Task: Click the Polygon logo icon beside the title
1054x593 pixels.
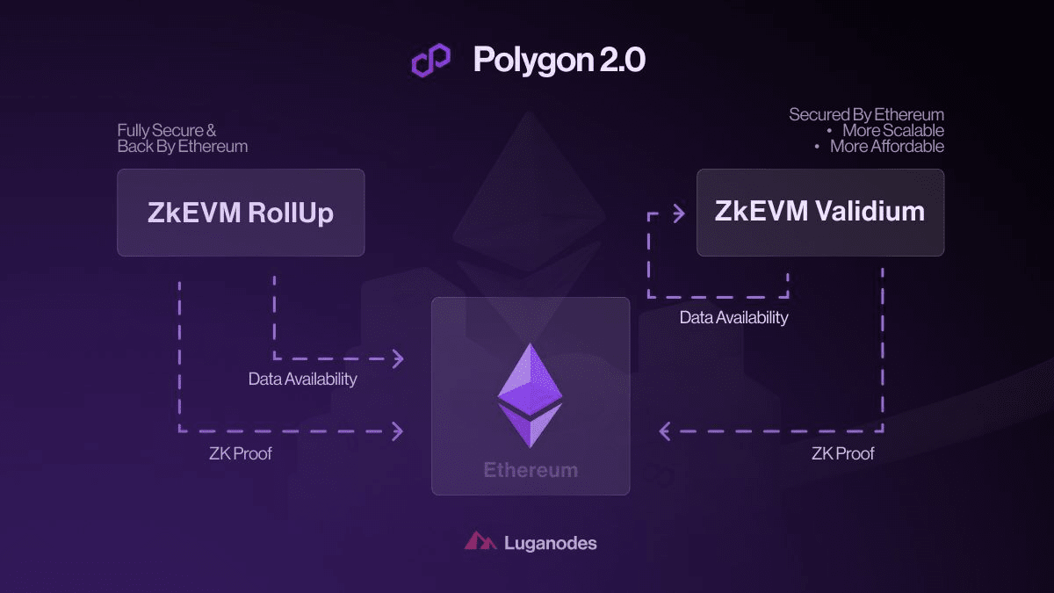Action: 431,60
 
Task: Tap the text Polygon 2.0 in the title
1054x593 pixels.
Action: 559,60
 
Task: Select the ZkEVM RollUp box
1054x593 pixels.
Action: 241,213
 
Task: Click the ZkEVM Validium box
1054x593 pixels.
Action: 819,212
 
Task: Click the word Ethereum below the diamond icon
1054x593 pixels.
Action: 531,470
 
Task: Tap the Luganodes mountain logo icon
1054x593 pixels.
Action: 480,542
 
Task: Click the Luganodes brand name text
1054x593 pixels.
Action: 551,543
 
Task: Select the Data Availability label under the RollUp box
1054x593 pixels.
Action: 303,380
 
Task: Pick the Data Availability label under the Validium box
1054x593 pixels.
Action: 733,317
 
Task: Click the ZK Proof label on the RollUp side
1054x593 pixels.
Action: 241,453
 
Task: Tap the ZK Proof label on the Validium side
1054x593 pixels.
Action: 843,453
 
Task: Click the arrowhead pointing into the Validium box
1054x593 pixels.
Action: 679,213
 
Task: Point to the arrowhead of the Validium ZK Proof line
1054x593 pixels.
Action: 665,430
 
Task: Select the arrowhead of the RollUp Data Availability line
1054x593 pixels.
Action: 398,358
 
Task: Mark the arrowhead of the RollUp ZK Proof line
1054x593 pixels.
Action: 398,430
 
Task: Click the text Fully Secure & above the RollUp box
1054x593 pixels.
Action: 167,130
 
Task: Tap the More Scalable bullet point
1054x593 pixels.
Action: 884,130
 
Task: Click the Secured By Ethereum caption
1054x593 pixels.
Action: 866,114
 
